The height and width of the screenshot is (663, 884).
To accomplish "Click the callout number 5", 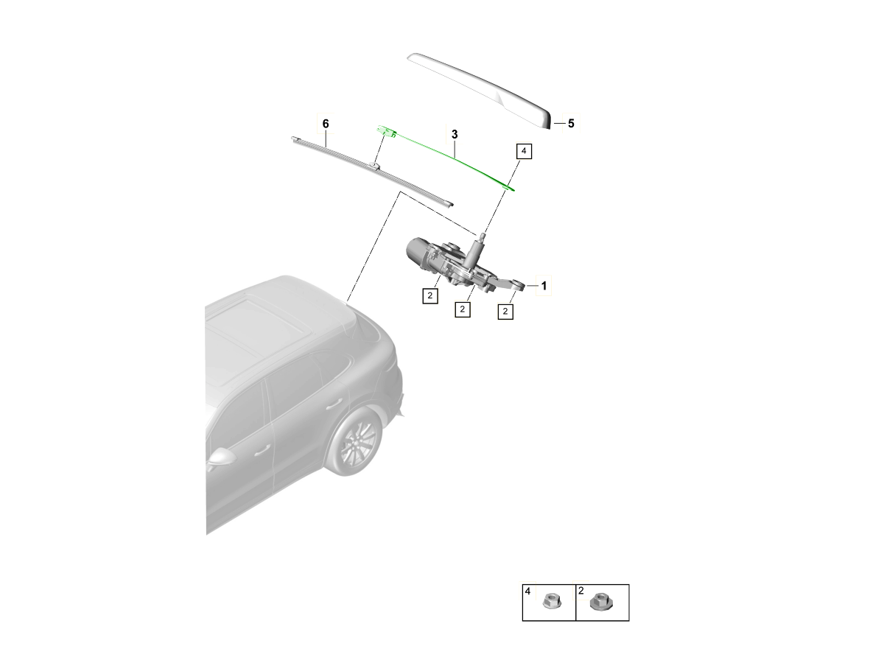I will point(570,124).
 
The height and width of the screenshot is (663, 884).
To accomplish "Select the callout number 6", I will point(326,122).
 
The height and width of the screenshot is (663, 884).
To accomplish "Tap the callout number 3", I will point(455,135).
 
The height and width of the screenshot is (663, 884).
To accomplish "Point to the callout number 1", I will point(544,285).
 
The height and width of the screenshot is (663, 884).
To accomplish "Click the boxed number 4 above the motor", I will point(523,152).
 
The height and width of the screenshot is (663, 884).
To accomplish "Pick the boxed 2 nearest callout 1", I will point(505,312).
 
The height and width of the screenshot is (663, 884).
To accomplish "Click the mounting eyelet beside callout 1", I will point(519,284).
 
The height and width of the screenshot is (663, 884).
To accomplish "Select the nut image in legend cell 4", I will point(550,602).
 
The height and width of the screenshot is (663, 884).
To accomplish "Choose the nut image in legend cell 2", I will point(598,602).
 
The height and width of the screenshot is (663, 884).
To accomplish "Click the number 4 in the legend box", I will point(527,591).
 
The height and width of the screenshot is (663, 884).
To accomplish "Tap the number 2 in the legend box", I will point(581,591).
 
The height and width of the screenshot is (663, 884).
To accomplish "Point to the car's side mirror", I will point(221,457).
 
